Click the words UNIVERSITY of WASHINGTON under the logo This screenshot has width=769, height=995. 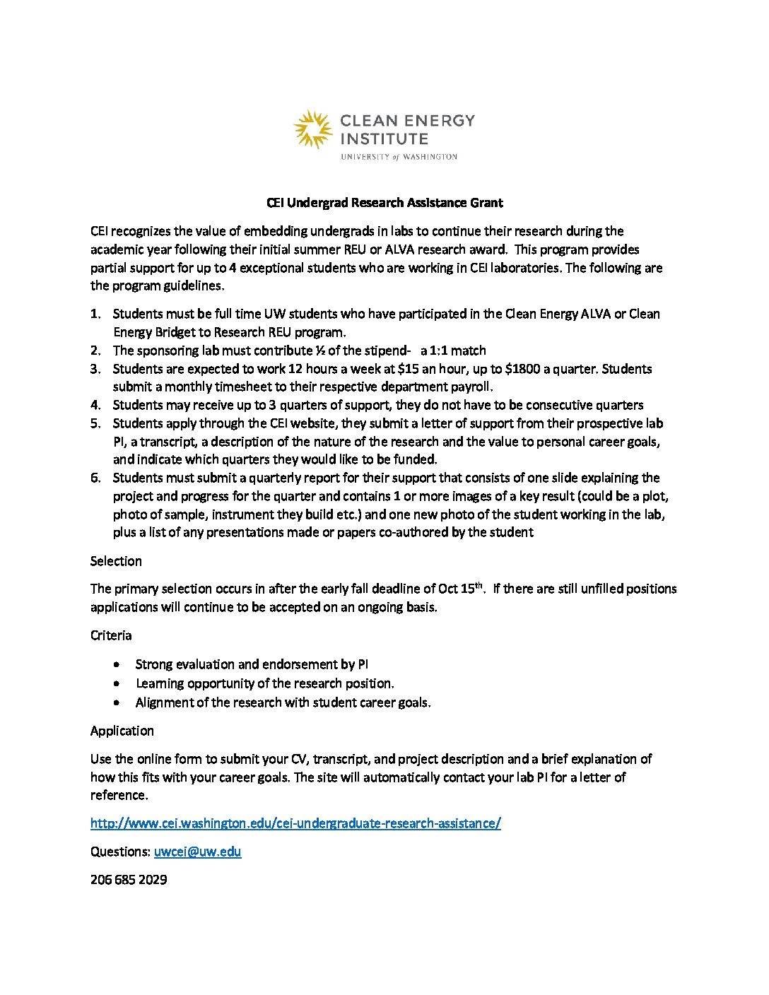(x=399, y=157)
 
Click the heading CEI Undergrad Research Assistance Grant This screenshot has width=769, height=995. (x=384, y=203)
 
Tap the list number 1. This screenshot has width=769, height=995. (x=95, y=314)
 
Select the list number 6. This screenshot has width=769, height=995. (x=95, y=478)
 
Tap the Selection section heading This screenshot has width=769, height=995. (x=116, y=561)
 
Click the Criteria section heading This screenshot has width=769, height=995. (x=111, y=635)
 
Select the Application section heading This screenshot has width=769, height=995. (x=122, y=731)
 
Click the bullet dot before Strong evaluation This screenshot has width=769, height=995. (x=117, y=665)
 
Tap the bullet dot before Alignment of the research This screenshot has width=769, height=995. (x=117, y=703)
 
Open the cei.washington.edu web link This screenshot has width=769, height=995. (x=295, y=823)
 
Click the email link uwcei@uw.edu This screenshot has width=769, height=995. (x=197, y=852)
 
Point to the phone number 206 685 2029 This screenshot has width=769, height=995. (x=129, y=880)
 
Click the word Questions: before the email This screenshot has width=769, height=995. (x=120, y=852)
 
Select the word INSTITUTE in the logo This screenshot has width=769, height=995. (x=384, y=139)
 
